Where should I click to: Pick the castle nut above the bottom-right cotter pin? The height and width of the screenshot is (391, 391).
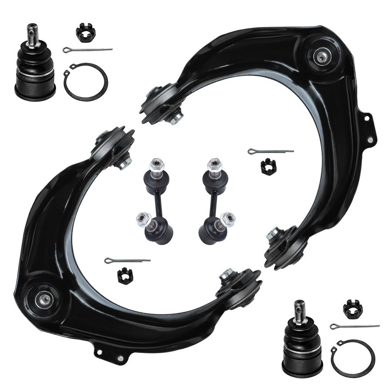pyautogui.click(x=353, y=308)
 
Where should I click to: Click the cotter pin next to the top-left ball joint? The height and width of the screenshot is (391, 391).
pyautogui.click(x=87, y=49)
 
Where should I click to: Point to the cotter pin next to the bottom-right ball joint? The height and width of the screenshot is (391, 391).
pyautogui.click(x=354, y=327)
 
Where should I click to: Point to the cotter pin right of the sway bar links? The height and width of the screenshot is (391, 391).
pyautogui.click(x=270, y=152)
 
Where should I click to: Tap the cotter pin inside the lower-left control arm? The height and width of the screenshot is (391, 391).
pyautogui.click(x=127, y=260)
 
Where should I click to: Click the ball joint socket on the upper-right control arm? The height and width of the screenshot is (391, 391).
pyautogui.click(x=321, y=56)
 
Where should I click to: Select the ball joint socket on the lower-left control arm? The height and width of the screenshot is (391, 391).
pyautogui.click(x=44, y=299)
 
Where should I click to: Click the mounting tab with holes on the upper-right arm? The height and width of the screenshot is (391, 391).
pyautogui.click(x=368, y=129)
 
